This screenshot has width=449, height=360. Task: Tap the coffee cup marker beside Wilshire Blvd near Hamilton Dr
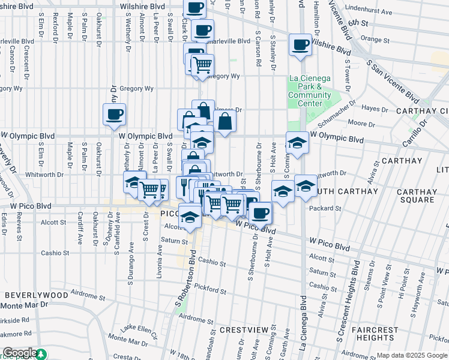tap(300, 44)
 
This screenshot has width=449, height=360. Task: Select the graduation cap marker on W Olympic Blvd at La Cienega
tap(297, 143)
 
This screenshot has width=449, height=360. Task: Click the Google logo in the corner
tap(20, 353)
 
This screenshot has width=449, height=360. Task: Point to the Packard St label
tap(325, 209)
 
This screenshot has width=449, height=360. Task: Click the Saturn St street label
tap(174, 241)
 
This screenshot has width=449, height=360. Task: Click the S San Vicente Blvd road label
tap(393, 76)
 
